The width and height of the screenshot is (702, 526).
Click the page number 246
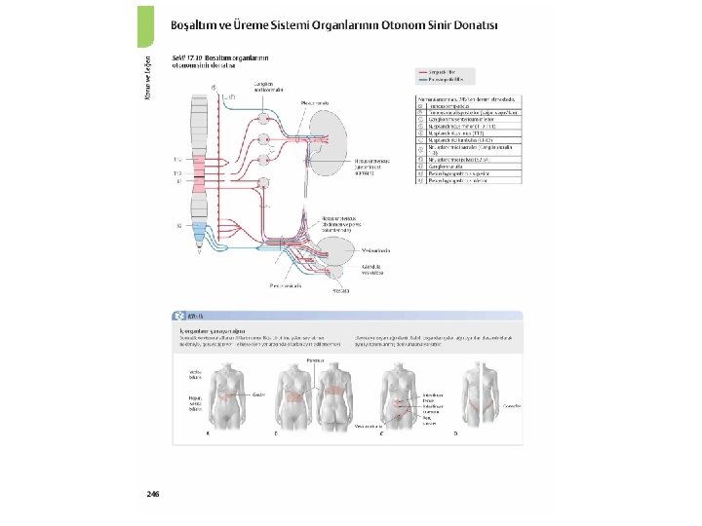153,495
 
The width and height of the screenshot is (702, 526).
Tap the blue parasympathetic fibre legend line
430,80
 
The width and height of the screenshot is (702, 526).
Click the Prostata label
340,289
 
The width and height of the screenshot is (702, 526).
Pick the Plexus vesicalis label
286,285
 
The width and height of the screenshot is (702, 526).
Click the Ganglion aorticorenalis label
270,87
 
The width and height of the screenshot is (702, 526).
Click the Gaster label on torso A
259,394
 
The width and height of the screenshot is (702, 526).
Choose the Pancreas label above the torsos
315,359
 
